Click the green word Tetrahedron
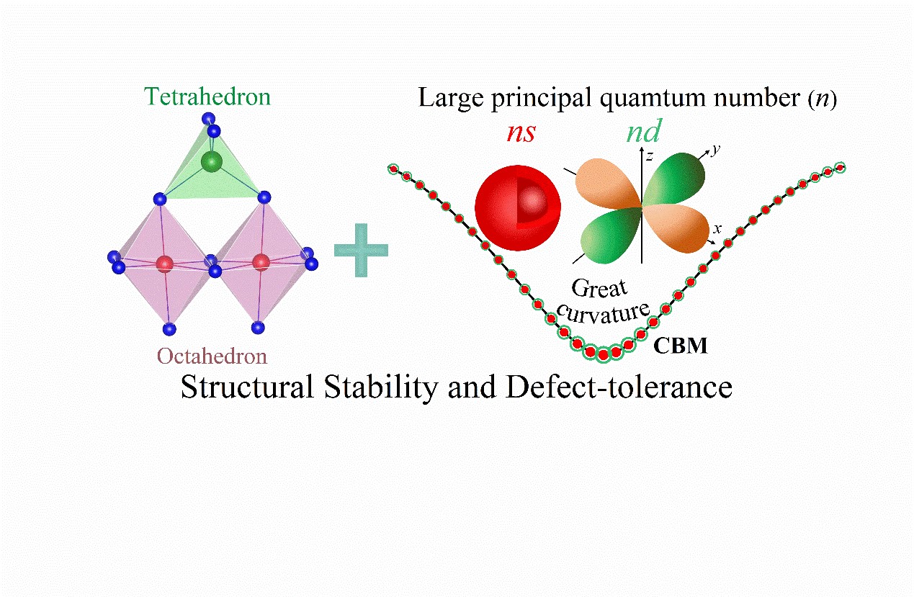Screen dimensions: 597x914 coord(207,96)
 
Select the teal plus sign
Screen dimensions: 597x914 coord(361,249)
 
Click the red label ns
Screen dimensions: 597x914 coord(520,133)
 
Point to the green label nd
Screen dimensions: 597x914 coord(644,131)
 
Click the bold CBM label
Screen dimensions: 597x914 coord(681,346)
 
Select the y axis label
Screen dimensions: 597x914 coord(715,150)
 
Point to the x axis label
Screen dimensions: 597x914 coord(717,229)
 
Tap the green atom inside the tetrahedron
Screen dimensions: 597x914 coord(211,162)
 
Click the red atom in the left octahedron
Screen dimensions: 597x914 coord(165,264)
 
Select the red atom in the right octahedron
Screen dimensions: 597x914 coord(261,261)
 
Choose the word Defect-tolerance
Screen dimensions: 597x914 coord(620,388)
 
